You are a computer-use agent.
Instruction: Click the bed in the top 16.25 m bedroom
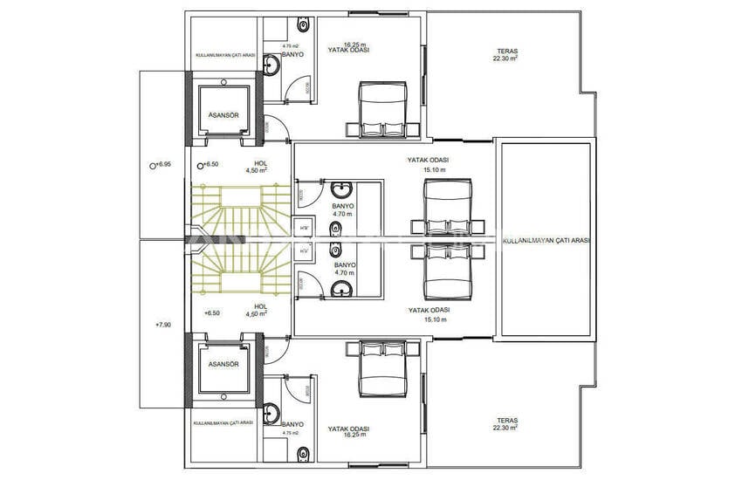coord(384,110)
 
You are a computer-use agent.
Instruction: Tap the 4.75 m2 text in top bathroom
coord(292,45)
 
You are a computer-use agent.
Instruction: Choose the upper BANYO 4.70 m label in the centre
coord(343,209)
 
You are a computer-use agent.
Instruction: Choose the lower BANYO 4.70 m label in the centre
coord(344,268)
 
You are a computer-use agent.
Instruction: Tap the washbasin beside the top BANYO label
coord(271,63)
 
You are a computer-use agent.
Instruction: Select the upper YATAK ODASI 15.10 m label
coord(428,165)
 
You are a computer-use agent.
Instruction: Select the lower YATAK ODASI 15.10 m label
coord(428,314)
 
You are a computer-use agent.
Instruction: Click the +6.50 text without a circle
coord(212,312)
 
